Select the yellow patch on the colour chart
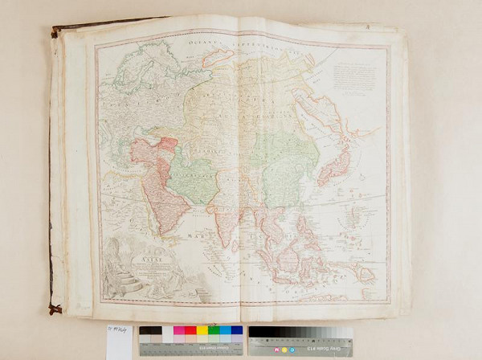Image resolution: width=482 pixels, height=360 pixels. pos(202,330)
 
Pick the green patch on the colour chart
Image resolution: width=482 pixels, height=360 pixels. pos(214,330)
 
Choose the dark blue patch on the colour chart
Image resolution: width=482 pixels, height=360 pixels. pos(236,330)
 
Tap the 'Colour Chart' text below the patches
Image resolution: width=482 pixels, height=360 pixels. pos(191,351)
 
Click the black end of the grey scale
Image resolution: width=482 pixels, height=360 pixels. pos(255,331)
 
